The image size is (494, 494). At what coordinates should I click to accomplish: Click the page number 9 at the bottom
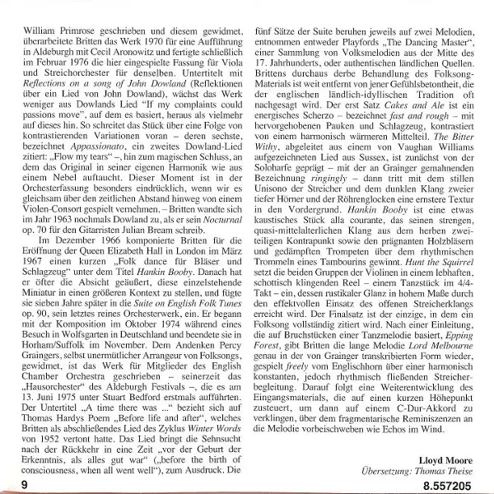[x=26, y=485]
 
